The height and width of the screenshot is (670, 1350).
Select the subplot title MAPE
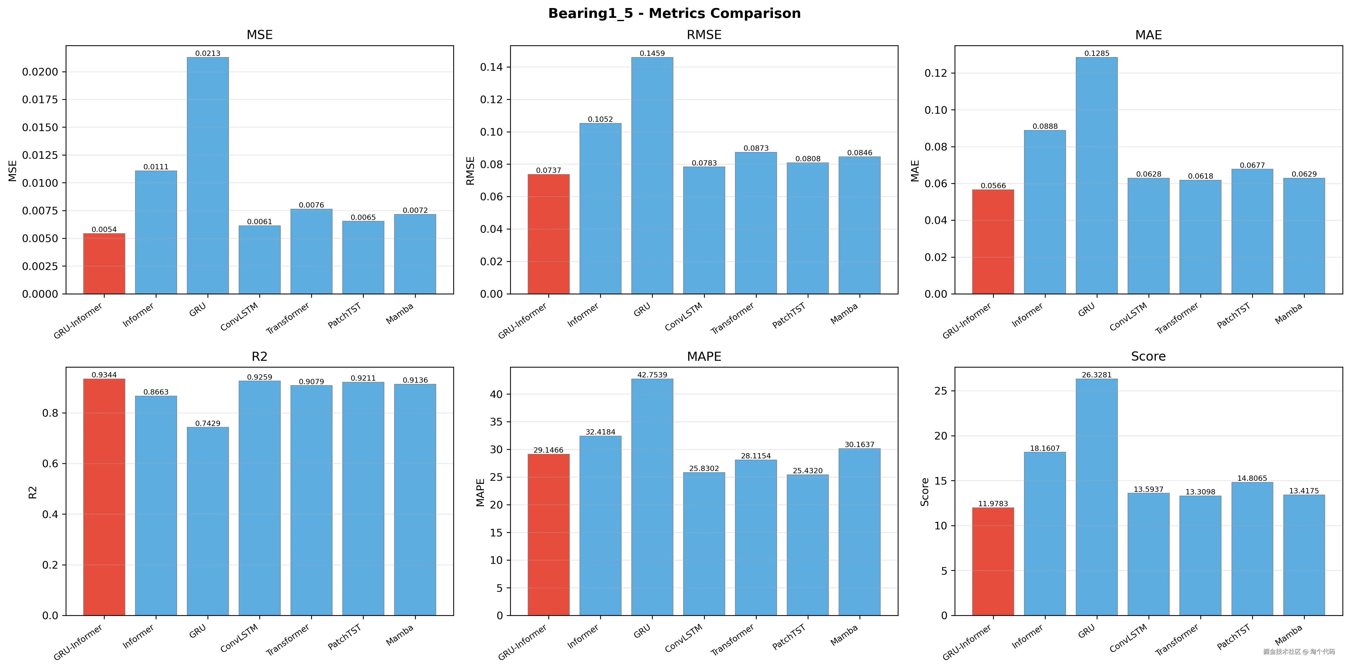[x=704, y=357]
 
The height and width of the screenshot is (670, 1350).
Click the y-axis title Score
[x=925, y=492]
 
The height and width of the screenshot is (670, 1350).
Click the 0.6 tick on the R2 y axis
[x=50, y=463]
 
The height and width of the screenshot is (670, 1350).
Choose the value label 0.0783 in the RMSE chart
[x=704, y=163]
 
